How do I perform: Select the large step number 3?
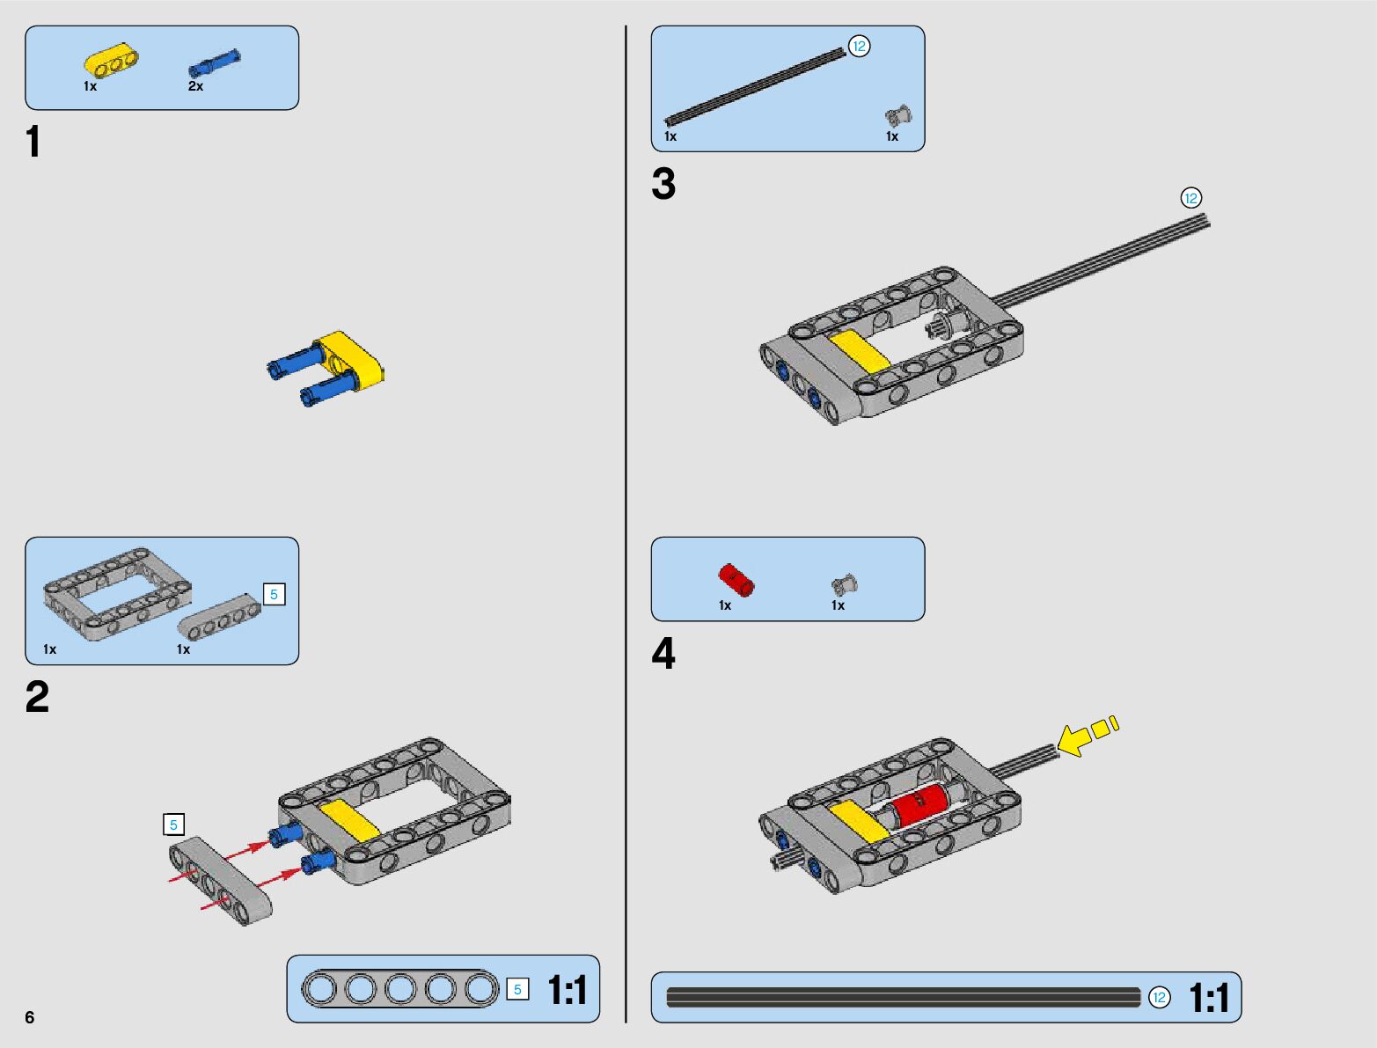tap(663, 183)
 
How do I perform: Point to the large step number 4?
tap(663, 653)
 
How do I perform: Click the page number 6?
tap(30, 1017)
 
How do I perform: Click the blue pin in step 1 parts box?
tap(215, 62)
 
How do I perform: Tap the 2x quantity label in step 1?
tap(195, 86)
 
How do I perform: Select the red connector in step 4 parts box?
tap(736, 580)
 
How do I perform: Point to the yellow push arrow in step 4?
tap(1086, 736)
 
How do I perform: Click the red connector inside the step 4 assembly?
tap(919, 804)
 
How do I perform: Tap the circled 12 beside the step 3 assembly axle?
tap(1190, 198)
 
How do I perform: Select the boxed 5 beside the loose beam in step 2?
tap(173, 824)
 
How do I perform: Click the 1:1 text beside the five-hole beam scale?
tap(568, 990)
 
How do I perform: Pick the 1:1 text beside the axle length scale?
tap(1209, 997)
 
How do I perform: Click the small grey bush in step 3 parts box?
tap(898, 116)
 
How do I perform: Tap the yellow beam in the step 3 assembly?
tap(861, 352)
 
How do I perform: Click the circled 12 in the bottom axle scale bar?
tap(1160, 997)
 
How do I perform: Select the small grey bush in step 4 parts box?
tap(845, 585)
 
